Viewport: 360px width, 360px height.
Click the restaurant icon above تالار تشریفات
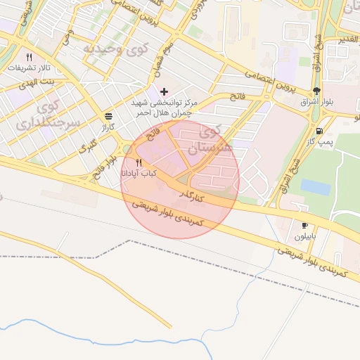(x=29, y=57)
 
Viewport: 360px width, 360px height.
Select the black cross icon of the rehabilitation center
(x=165, y=91)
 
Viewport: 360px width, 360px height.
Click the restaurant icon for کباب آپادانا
(x=139, y=162)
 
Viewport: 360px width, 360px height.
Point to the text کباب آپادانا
(x=141, y=173)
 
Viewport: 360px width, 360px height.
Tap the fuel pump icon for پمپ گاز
(x=320, y=131)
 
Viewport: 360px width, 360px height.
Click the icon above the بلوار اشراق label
(x=316, y=91)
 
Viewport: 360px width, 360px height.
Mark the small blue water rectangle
(x=315, y=187)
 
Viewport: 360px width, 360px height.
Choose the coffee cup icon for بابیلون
(x=304, y=226)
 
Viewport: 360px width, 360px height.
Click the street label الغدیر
(x=349, y=39)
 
